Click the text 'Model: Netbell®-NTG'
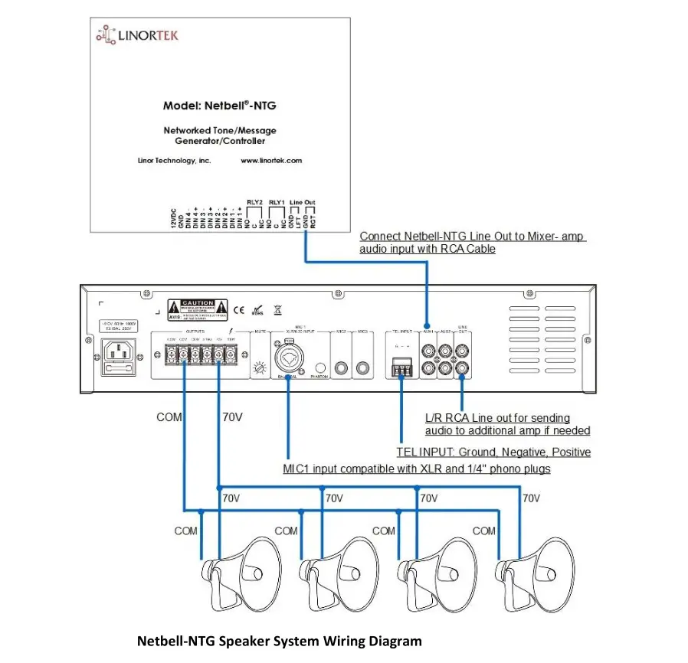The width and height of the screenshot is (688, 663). point(219,106)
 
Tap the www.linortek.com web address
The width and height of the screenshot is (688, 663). point(271,161)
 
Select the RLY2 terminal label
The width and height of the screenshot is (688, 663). point(255,203)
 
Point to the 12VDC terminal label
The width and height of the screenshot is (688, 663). point(174,218)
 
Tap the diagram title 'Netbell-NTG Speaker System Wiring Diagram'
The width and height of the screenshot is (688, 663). point(279,641)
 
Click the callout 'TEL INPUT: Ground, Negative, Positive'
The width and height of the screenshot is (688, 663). point(493,452)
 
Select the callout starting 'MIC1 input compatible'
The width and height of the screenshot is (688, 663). point(416,469)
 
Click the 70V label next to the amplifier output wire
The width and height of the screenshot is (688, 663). point(232,418)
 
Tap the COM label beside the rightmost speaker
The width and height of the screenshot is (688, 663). point(484,531)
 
